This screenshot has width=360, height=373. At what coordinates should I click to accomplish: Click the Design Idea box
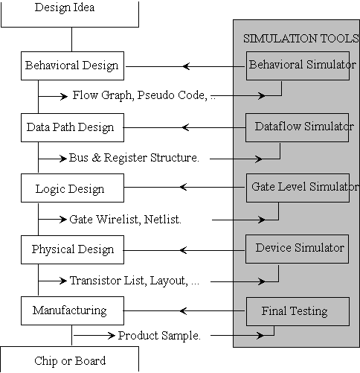tap(70, 13)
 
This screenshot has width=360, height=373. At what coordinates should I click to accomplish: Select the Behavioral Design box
tap(72, 66)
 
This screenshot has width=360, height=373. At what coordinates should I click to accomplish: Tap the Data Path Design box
tap(72, 127)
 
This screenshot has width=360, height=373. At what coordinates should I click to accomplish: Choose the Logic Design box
tap(72, 188)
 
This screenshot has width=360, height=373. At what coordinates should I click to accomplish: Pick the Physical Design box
tap(72, 249)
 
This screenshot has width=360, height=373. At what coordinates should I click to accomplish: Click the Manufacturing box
tap(72, 310)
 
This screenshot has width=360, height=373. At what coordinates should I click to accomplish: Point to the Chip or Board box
tap(70, 360)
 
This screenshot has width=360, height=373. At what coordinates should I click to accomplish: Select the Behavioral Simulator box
tap(298, 66)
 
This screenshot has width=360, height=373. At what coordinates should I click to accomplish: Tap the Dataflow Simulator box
tap(297, 127)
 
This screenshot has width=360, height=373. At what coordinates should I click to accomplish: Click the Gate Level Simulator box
tap(298, 188)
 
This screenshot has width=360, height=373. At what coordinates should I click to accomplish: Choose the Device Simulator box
tap(297, 249)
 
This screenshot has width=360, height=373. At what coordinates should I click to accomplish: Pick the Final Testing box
tap(298, 311)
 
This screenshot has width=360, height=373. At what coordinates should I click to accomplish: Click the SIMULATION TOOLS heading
tap(301, 39)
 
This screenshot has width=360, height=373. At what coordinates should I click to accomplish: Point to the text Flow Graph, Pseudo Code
tap(140, 95)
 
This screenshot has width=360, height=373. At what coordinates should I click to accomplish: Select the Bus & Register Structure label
tap(134, 158)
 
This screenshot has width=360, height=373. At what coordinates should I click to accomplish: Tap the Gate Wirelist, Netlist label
tap(125, 220)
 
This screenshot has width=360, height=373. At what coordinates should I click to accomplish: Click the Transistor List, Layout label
tap(129, 281)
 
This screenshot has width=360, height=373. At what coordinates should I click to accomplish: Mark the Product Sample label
tap(159, 336)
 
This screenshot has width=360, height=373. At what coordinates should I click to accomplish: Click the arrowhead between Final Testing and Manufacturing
tap(183, 311)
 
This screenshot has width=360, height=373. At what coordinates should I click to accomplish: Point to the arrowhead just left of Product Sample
tap(112, 336)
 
